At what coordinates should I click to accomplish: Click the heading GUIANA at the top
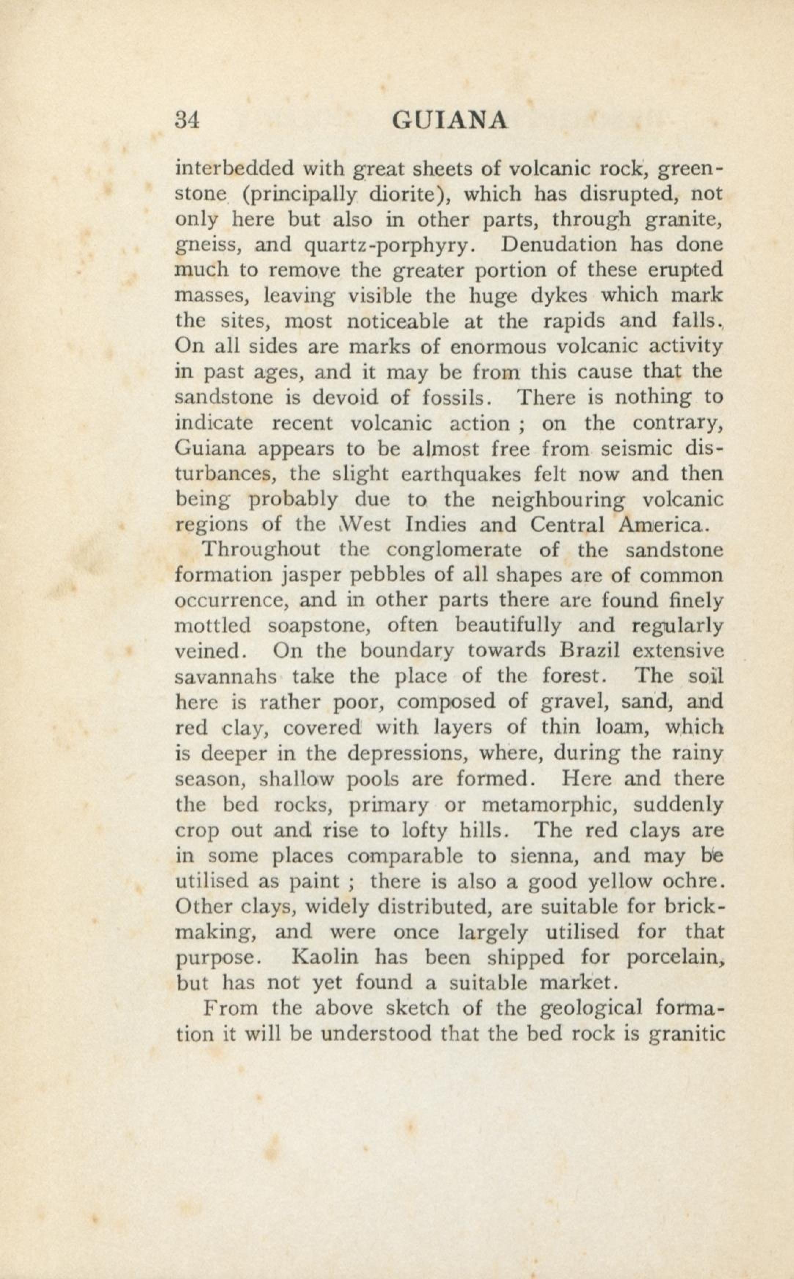click(450, 121)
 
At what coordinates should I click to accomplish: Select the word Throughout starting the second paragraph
click(261, 550)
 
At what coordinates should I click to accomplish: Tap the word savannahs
click(225, 677)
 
